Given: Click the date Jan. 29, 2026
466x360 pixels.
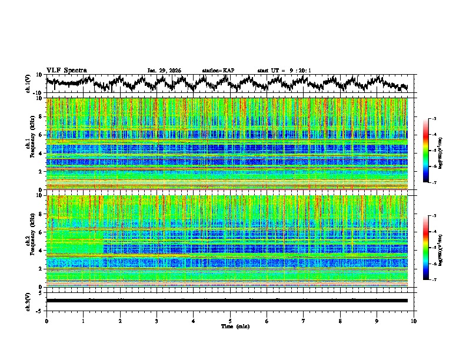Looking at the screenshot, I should [x=164, y=71].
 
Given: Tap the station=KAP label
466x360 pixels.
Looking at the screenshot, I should [x=218, y=71].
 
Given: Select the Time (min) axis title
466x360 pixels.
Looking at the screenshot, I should [x=230, y=326].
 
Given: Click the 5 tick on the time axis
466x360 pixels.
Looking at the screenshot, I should [x=230, y=321].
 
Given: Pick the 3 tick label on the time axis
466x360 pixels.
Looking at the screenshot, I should [x=157, y=321].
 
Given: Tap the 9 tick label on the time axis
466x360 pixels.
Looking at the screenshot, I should [x=377, y=321].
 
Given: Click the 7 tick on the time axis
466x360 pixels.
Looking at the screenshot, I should [x=304, y=321].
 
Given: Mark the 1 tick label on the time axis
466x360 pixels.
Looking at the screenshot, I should [x=83, y=321].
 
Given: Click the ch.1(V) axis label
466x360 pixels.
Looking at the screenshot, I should [x=28, y=84].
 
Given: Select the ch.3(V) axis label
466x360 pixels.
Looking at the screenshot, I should [x=28, y=301].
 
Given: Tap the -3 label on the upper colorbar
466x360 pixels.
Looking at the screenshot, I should [x=434, y=119].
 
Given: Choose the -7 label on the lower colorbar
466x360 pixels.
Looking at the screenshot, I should [x=434, y=280].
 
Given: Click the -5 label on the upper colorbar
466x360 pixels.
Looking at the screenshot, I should [x=434, y=151].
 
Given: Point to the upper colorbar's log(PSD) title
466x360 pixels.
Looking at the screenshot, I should [x=445, y=151].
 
